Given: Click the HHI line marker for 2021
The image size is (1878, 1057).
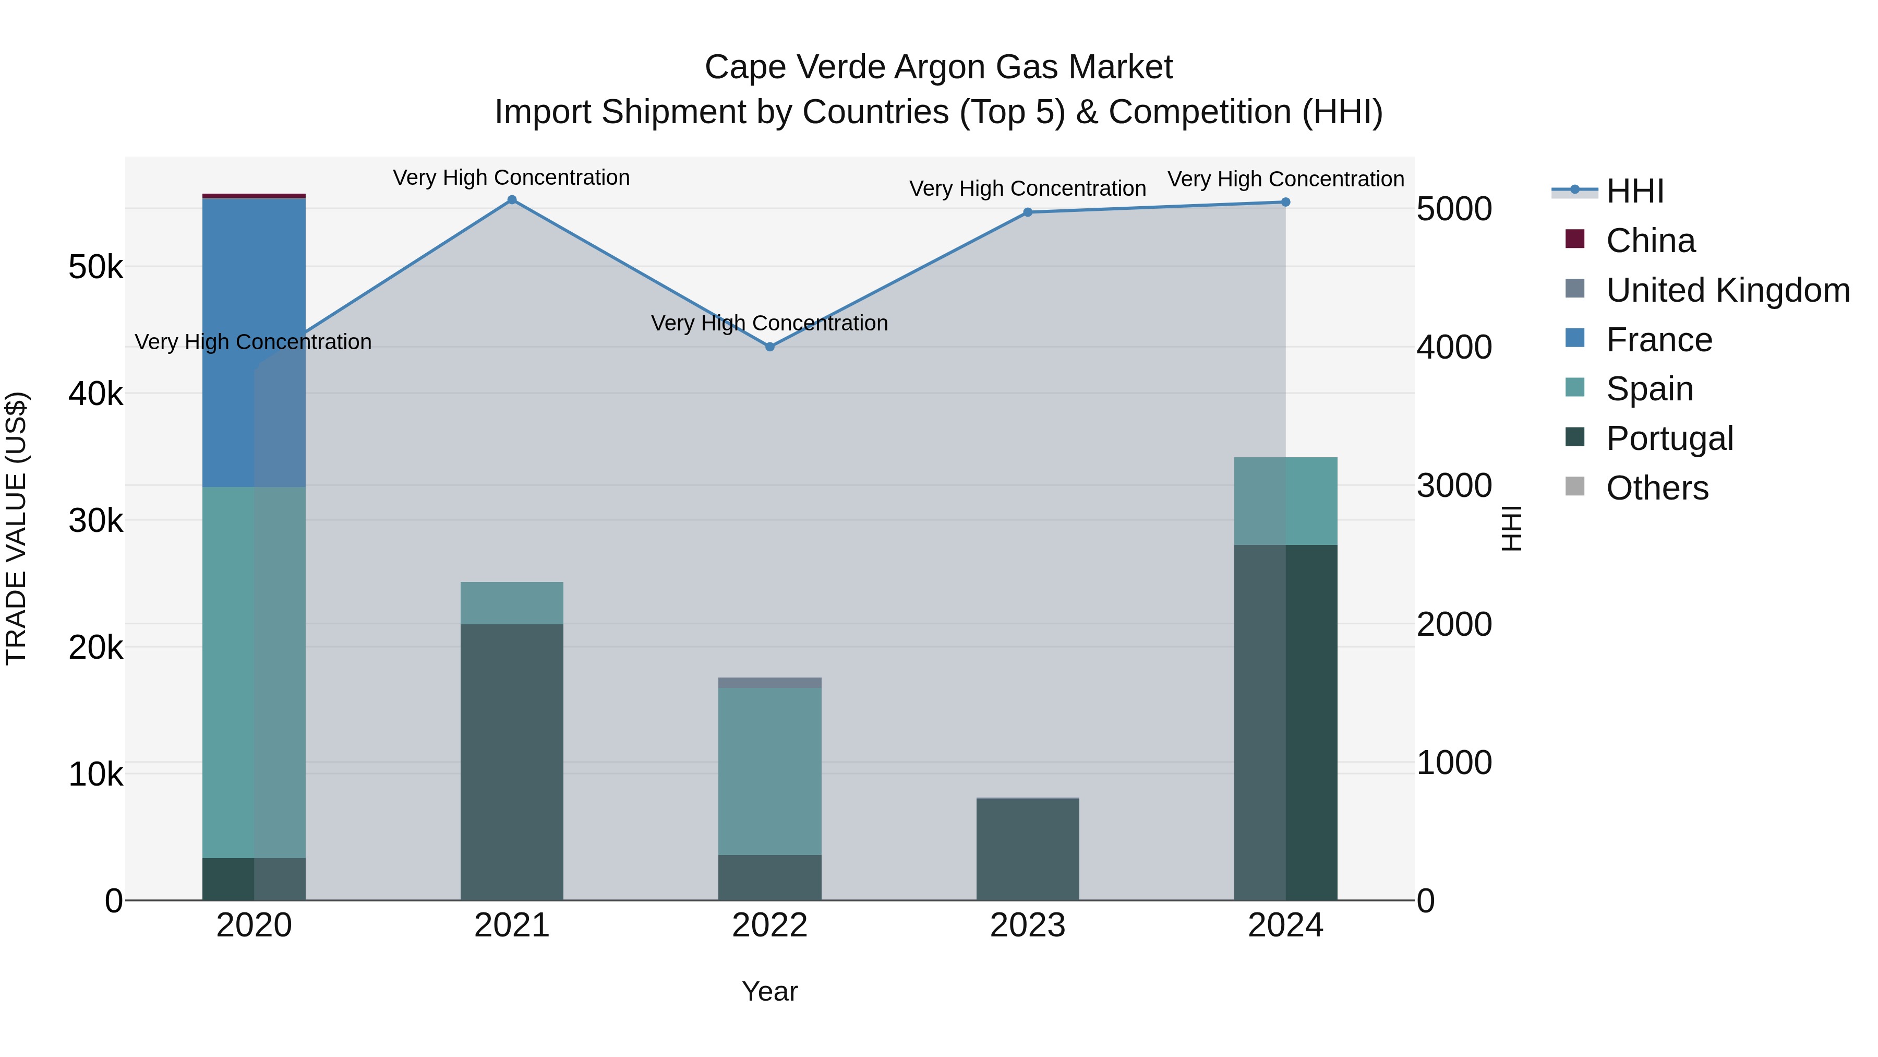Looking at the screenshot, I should [x=512, y=200].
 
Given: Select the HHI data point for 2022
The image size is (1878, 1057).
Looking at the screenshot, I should [x=770, y=347].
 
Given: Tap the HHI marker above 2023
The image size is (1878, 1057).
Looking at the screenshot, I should [x=1028, y=212].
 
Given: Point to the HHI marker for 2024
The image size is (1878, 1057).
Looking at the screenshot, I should [x=1285, y=202].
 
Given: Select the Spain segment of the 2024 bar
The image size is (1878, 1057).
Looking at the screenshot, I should [x=1286, y=501].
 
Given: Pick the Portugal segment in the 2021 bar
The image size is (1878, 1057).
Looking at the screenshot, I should [x=512, y=762].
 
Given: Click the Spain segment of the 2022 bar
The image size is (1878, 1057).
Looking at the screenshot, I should [x=770, y=771].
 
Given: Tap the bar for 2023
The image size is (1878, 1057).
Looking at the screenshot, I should [x=1028, y=850].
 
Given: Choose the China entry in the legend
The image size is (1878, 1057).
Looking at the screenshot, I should [x=1651, y=241].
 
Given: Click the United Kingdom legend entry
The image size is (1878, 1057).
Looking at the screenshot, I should [x=1728, y=290].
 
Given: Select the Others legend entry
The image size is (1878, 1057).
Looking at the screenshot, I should [x=1657, y=488].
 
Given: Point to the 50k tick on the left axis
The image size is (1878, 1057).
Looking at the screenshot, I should [x=95, y=267].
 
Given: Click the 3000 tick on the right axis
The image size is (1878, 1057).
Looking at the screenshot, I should [x=1454, y=486].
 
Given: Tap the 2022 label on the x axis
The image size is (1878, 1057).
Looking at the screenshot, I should [x=770, y=925].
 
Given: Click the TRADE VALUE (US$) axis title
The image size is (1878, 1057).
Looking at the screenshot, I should [x=17, y=528].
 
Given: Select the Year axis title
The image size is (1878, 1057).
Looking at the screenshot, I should [x=770, y=991].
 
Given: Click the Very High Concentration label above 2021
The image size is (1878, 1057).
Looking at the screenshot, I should [x=511, y=177].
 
